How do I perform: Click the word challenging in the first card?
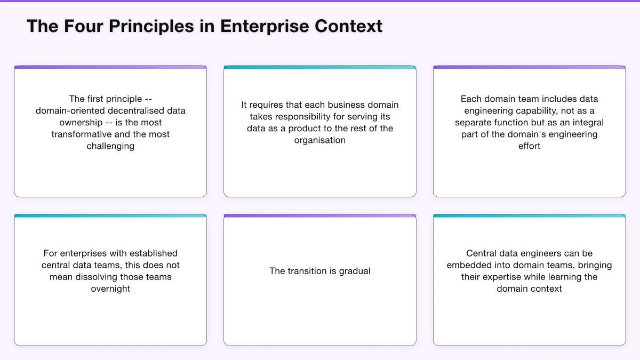110,146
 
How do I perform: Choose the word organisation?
320,140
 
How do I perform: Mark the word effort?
529,146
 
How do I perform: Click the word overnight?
110,289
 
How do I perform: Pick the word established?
151,253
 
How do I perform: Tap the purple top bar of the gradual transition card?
320,216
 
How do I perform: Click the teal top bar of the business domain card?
320,68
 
